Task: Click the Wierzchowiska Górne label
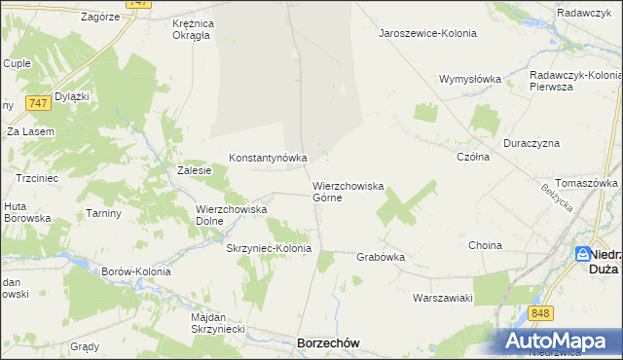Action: pyautogui.click(x=348, y=191)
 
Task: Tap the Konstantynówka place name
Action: pyautogui.click(x=268, y=157)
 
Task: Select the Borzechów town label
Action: pyautogui.click(x=328, y=343)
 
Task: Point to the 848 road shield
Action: pyautogui.click(x=542, y=312)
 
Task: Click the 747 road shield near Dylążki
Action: pyautogui.click(x=39, y=102)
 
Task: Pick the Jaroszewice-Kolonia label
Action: pyautogui.click(x=427, y=33)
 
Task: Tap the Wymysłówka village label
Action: pyautogui.click(x=469, y=79)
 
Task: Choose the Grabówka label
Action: pyautogui.click(x=381, y=258)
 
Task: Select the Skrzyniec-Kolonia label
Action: pyautogui.click(x=269, y=248)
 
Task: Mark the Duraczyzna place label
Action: pyautogui.click(x=531, y=142)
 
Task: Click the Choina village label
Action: pyautogui.click(x=485, y=246)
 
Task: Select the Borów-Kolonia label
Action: pyautogui.click(x=136, y=271)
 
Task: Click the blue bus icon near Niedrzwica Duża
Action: pyautogui.click(x=582, y=255)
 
